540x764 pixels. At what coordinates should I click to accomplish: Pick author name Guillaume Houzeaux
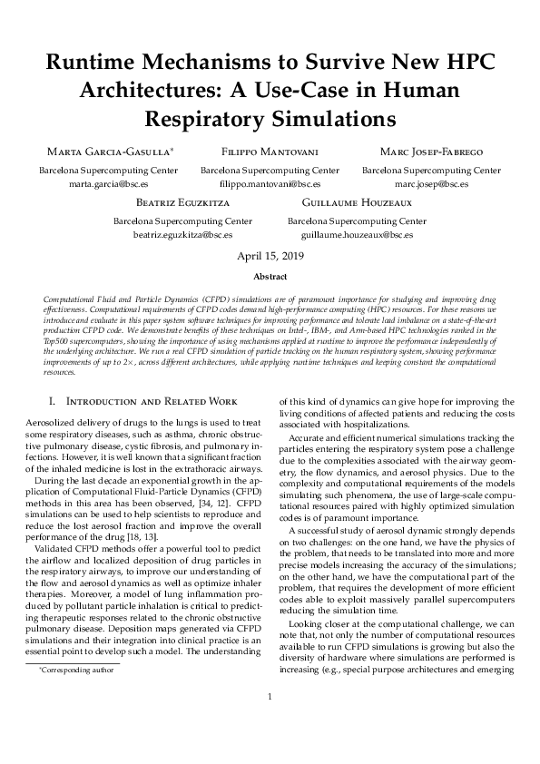pyautogui.click(x=357, y=201)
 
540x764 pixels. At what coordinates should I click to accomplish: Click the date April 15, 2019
pyautogui.click(x=270, y=257)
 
